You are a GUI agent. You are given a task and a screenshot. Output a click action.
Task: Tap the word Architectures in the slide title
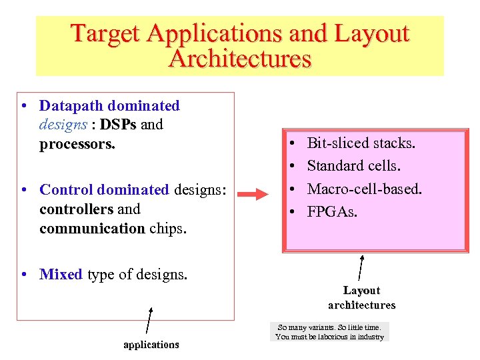[240, 59]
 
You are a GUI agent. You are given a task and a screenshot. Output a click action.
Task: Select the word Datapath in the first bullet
[73, 106]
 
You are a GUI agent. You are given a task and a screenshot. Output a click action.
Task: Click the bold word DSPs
[118, 125]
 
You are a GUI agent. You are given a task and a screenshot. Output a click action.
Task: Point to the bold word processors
[77, 144]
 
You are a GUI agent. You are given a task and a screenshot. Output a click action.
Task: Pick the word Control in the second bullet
[67, 190]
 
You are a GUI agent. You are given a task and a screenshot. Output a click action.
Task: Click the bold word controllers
[77, 209]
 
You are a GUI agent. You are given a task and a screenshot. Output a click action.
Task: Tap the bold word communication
[92, 229]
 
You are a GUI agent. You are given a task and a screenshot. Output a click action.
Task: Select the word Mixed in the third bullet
[61, 275]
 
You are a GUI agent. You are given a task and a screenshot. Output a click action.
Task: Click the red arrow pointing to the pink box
[254, 195]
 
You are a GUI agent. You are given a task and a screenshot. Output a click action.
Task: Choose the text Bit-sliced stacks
[361, 143]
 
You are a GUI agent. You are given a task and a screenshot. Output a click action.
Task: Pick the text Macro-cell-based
[364, 189]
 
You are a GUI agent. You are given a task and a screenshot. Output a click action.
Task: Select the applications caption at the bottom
[151, 345]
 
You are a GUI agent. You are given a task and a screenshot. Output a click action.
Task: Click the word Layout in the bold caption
[361, 291]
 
